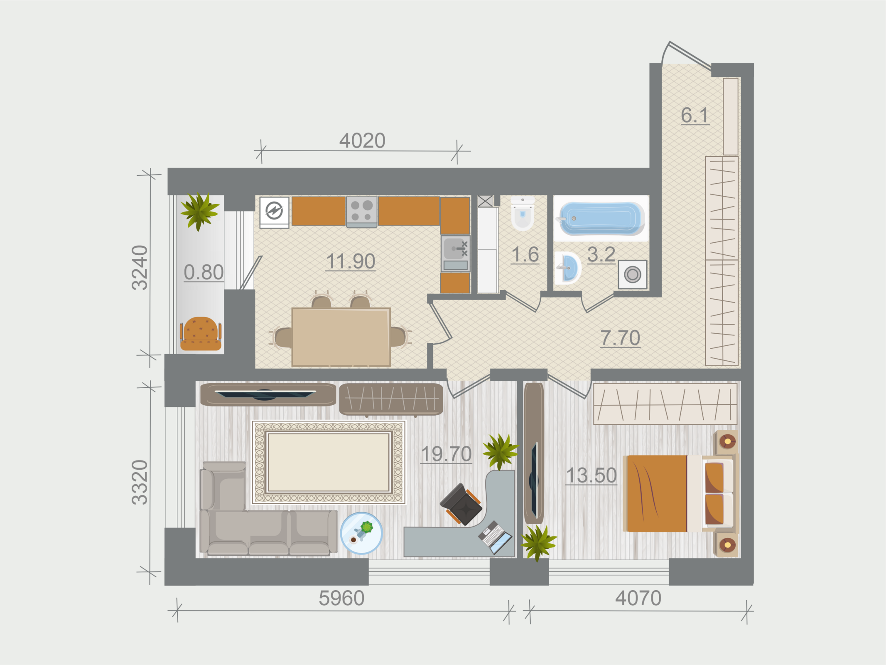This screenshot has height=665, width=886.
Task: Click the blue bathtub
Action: (601, 219)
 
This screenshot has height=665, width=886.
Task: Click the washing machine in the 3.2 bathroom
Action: (632, 274)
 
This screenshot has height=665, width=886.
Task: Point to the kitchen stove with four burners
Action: (362, 212)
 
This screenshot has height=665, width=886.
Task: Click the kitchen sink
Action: (455, 254)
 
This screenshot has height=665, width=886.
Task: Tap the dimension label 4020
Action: (362, 140)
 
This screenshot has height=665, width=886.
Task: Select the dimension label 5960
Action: (341, 598)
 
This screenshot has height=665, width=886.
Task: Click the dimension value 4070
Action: (638, 598)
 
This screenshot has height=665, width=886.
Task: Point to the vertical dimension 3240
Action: (140, 268)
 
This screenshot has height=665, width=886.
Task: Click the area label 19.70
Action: (447, 454)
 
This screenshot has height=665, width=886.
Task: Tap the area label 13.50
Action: (591, 475)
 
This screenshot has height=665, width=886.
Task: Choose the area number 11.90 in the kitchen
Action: (351, 261)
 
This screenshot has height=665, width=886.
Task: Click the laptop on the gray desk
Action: (495, 537)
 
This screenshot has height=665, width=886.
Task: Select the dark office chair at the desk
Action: (461, 504)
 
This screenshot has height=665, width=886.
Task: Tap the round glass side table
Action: (361, 533)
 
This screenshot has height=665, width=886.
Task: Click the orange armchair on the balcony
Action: (200, 334)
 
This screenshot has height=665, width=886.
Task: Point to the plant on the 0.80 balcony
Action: (199, 211)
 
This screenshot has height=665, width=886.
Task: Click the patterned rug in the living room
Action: (329, 462)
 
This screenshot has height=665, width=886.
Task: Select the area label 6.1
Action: (695, 115)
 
